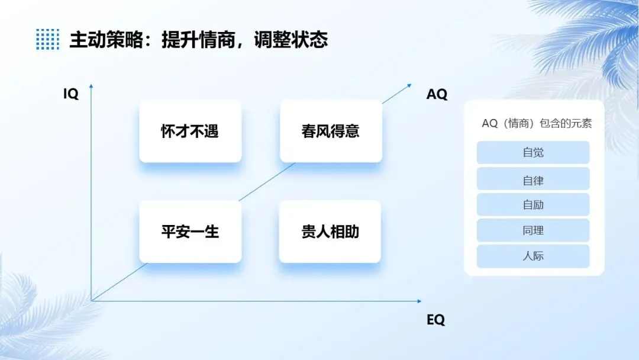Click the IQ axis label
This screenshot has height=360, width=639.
tap(71, 94)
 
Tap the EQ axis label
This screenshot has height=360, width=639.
tap(435, 320)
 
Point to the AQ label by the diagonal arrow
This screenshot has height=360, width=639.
tap(437, 94)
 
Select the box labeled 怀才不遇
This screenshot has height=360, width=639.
tap(190, 131)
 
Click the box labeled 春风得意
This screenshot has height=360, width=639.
tap(331, 131)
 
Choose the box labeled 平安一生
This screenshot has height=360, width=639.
tap(190, 232)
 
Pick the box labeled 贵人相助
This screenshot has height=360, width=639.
tap(330, 232)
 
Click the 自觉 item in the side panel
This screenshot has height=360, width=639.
tap(533, 152)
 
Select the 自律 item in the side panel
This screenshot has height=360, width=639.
tap(533, 179)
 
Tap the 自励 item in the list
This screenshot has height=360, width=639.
tap(533, 205)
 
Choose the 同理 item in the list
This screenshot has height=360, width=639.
tap(533, 230)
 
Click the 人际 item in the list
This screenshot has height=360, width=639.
tap(533, 256)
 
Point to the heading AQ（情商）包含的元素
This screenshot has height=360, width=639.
tap(537, 123)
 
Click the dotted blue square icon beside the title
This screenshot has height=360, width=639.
tap(47, 39)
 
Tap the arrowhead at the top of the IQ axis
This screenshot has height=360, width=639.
tap(91, 88)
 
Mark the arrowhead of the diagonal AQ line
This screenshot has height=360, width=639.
tap(409, 85)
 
